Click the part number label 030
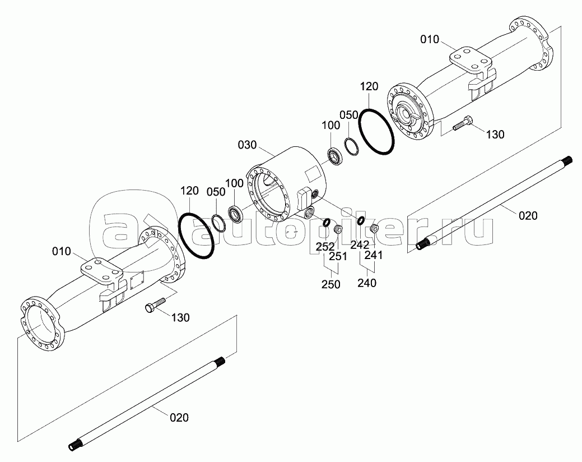(246, 145)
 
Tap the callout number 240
(366, 283)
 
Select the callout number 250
(330, 284)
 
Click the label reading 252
(325, 246)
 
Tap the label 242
(360, 244)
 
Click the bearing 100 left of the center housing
(236, 214)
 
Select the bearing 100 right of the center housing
(335, 157)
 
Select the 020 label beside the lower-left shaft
(179, 417)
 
